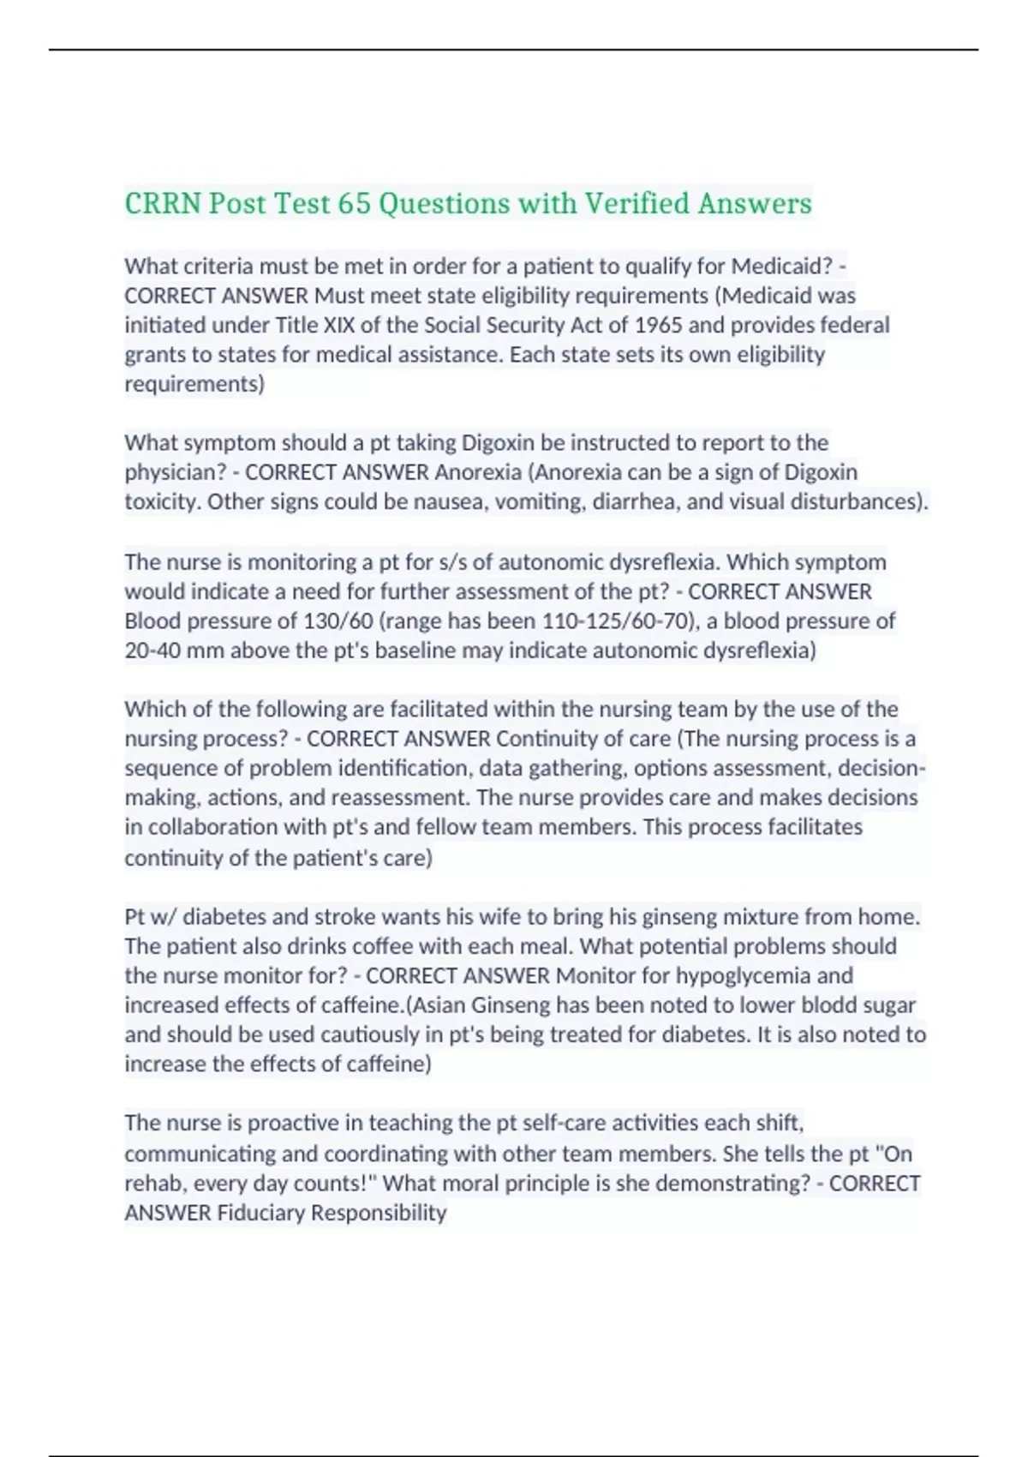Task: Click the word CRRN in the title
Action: [x=163, y=204]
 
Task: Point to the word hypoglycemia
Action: [x=744, y=976]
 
